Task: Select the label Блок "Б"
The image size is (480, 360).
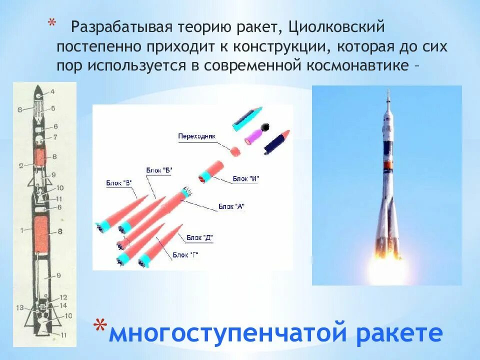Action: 159,170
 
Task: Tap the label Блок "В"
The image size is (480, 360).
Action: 119,182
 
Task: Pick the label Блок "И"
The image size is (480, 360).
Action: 246,179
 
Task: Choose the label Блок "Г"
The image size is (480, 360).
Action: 185,255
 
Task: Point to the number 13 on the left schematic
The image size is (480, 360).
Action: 19,308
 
